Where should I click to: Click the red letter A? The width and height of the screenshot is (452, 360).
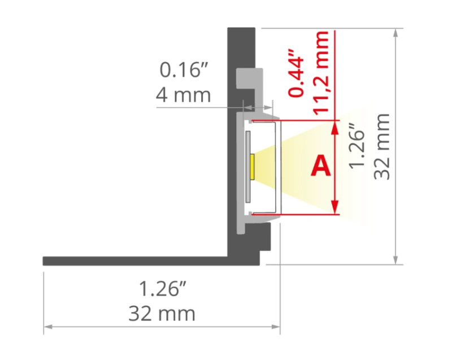(320, 166)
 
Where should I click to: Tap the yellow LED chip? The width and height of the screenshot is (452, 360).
(252, 167)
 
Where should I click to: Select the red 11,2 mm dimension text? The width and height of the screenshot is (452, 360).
(320, 73)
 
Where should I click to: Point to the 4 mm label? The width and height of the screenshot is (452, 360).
(183, 95)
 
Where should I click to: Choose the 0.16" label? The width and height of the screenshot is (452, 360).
(184, 70)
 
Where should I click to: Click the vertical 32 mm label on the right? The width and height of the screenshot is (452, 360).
(382, 146)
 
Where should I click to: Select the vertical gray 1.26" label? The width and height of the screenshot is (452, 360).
(357, 146)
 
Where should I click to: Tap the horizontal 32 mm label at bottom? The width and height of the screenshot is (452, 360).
(162, 314)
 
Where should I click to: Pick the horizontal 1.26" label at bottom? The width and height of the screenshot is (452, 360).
(163, 289)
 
